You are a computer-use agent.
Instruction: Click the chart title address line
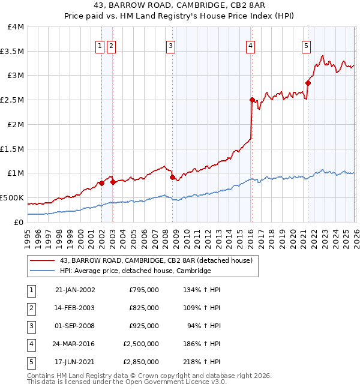coord(179,5)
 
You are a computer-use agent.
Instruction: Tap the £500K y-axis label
coord(12,197)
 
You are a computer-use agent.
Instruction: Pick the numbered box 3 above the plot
coord(170,45)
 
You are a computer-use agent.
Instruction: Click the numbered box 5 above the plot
coord(306,45)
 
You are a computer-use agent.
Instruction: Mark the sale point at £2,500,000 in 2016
coord(252,100)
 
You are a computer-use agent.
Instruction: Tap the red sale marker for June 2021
coord(308,83)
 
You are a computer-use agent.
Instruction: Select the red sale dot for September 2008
coord(172,177)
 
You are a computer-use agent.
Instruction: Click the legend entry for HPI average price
coord(135,271)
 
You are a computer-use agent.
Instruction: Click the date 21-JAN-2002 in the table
coord(74,290)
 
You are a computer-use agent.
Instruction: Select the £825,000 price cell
coord(144,308)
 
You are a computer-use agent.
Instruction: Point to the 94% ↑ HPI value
coord(204,326)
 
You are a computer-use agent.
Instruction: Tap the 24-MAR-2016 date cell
coord(74,344)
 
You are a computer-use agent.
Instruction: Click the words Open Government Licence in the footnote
coord(176,382)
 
